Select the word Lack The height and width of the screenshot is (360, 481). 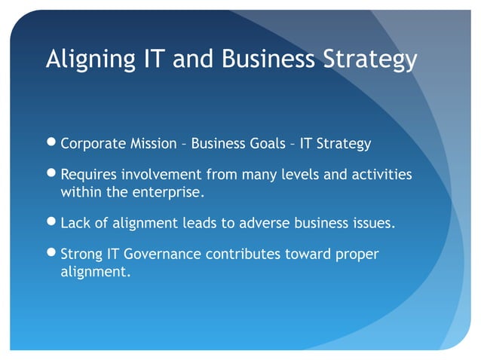coord(75,224)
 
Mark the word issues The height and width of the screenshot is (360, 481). coord(374,224)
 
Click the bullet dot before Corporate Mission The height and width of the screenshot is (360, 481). coord(51,143)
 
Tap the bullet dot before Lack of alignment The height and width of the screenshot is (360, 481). coord(51,224)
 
